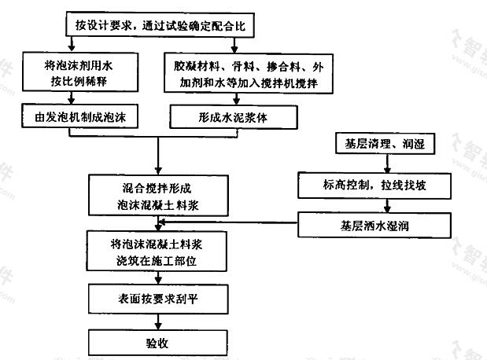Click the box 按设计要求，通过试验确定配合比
[x=160, y=25]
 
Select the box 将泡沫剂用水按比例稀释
[x=80, y=72]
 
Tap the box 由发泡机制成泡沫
[x=79, y=116]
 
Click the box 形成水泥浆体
[x=234, y=117]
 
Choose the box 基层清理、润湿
[x=385, y=143]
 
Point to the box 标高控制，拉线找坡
[x=374, y=186]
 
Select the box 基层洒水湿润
[x=374, y=225]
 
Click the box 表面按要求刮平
[x=158, y=299]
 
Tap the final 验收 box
[x=158, y=343]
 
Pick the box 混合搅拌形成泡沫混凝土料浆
[x=158, y=195]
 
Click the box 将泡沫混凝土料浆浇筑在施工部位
[x=157, y=251]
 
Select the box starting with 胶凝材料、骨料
[x=249, y=74]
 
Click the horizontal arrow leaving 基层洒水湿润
[x=228, y=222]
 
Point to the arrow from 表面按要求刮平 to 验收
[x=158, y=321]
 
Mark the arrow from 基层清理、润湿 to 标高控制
[x=387, y=163]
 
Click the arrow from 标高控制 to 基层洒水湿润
[x=387, y=205]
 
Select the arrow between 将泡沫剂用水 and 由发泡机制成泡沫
[x=72, y=97]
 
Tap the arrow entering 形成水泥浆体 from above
[x=236, y=99]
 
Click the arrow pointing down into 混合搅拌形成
[x=158, y=156]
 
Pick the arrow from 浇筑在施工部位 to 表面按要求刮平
[x=158, y=277]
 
